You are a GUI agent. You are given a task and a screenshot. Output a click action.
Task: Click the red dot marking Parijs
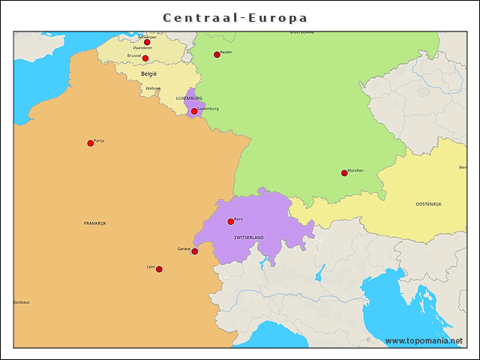91,143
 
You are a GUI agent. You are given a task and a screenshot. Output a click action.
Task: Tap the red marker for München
344,173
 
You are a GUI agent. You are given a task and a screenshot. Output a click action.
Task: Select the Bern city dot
231,221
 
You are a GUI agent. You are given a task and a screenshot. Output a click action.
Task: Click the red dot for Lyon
159,269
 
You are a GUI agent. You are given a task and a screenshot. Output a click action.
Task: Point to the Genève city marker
195,251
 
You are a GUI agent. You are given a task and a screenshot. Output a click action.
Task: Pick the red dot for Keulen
217,55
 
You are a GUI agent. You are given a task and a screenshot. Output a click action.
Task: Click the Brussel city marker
145,58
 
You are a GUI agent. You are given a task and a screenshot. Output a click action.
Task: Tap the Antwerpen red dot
147,43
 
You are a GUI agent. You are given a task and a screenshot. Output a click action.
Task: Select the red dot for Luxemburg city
194,112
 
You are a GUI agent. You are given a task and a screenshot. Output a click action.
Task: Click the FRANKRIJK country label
95,223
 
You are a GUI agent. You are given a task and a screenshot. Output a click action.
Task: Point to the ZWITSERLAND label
249,237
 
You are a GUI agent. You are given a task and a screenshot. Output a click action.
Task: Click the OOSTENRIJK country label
428,204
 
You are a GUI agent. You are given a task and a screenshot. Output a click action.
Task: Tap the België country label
149,74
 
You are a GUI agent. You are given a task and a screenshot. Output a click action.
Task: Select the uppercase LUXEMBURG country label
189,98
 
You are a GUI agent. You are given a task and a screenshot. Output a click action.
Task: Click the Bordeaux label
22,302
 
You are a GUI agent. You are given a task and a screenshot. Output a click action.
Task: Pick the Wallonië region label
153,88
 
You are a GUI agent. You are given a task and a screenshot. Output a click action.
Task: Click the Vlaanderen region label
142,48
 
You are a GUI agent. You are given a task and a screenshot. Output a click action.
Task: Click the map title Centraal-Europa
235,17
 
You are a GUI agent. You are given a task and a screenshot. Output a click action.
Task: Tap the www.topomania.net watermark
424,340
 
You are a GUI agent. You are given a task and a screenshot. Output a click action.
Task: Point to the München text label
356,170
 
